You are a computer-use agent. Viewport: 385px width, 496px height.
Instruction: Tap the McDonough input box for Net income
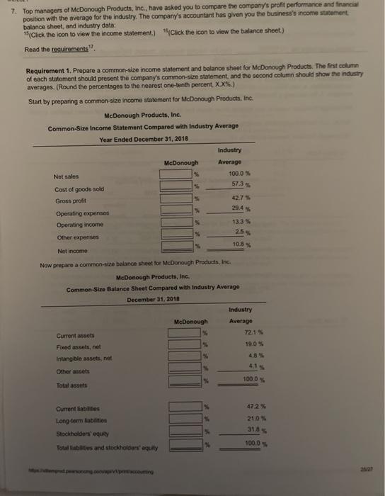178,246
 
